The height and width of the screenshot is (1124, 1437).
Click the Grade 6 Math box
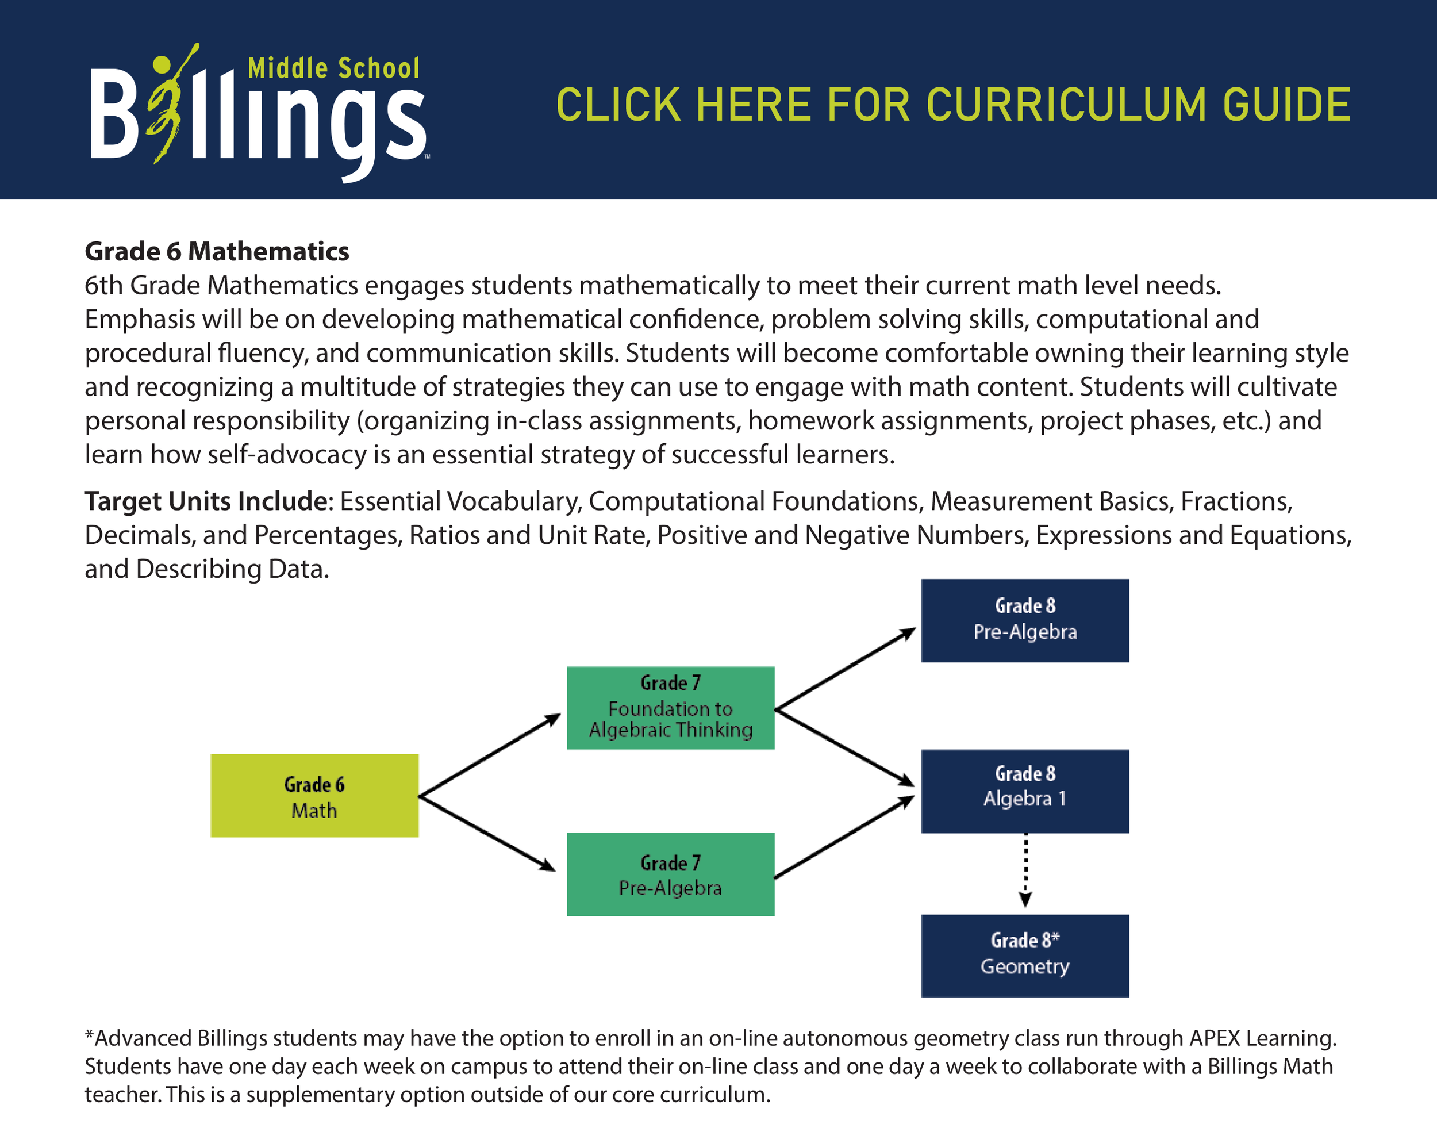[x=314, y=796]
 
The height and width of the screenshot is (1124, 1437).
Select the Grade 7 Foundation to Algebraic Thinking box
[x=670, y=708]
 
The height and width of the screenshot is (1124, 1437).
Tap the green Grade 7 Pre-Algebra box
[x=670, y=874]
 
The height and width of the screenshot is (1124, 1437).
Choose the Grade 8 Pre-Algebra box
[x=1024, y=620]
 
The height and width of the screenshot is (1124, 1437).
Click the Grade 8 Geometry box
[x=1024, y=956]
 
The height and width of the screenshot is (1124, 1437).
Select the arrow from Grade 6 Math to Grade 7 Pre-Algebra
[x=487, y=834]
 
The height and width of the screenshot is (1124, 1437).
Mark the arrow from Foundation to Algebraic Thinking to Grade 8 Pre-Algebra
[x=845, y=669]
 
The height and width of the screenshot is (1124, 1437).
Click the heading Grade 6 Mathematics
[x=217, y=251]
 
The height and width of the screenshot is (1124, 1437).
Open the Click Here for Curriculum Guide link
[x=953, y=105]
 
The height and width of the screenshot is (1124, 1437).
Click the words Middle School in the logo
[x=333, y=68]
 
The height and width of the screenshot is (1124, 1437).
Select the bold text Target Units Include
[x=206, y=501]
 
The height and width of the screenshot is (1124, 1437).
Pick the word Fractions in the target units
[x=1236, y=501]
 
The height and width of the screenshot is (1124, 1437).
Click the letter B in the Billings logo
[x=113, y=113]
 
